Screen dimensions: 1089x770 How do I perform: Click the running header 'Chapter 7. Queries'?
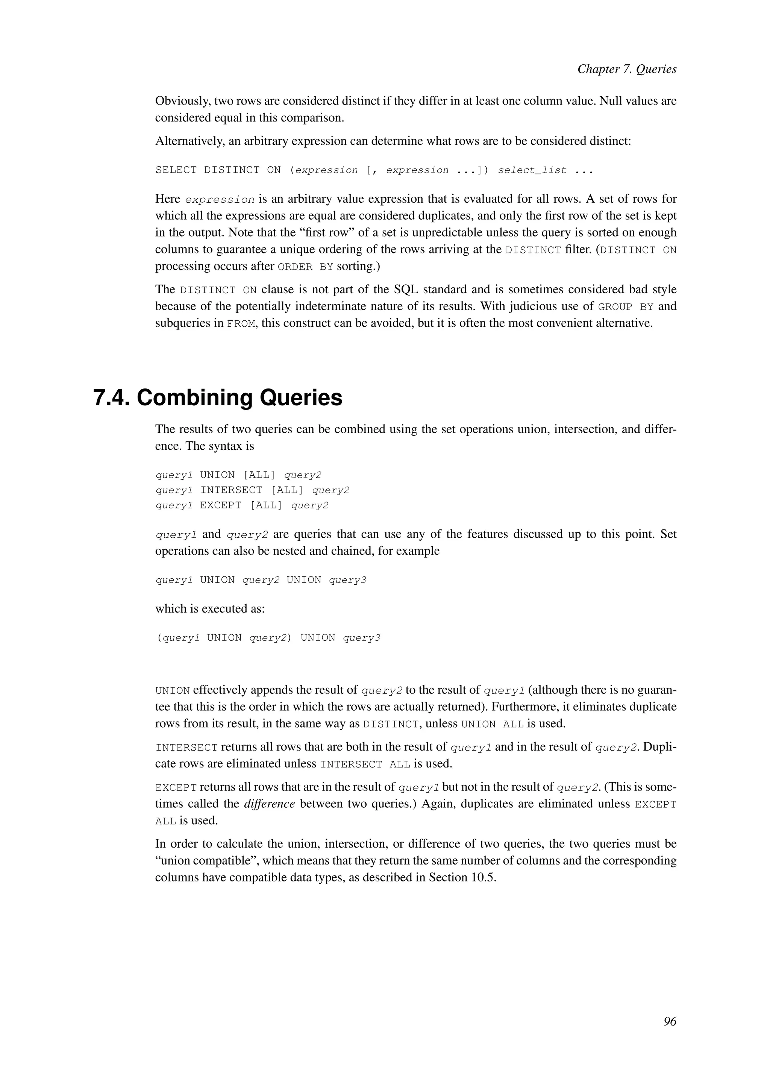click(626, 69)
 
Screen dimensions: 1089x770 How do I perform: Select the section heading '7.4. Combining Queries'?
click(218, 397)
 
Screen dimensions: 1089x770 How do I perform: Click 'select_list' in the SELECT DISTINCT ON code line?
click(532, 170)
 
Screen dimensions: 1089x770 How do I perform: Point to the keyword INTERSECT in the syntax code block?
click(231, 490)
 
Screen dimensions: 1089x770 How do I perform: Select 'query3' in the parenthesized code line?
click(361, 638)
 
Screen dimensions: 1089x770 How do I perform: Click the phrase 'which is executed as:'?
click(209, 608)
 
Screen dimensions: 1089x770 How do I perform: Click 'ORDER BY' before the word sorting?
click(305, 267)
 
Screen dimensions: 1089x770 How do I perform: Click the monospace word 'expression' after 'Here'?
click(220, 200)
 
